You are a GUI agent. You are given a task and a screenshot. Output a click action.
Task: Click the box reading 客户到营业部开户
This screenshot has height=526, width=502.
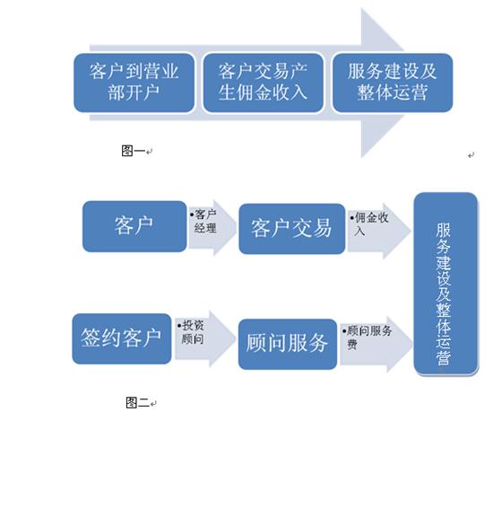pyautogui.click(x=134, y=83)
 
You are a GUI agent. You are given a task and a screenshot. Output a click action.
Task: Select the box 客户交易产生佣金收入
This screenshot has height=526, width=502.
pyautogui.click(x=263, y=83)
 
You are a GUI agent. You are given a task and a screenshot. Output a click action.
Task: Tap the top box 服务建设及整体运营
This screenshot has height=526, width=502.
pyautogui.click(x=393, y=83)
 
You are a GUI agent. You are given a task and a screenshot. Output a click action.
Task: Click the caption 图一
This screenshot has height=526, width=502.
pyautogui.click(x=133, y=151)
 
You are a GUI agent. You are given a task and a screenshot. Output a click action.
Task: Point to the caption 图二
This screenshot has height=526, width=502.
pyautogui.click(x=137, y=402)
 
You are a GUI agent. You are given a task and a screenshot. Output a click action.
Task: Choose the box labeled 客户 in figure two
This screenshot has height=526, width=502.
pyautogui.click(x=134, y=226)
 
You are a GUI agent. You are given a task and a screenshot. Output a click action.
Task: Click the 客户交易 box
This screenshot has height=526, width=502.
pyautogui.click(x=292, y=229)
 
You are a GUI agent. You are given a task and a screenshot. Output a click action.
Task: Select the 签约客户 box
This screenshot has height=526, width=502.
pyautogui.click(x=122, y=338)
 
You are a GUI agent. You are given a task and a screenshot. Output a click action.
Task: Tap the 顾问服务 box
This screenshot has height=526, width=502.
pyautogui.click(x=288, y=344)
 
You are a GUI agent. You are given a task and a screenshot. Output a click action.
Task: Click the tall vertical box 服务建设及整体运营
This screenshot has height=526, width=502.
pyautogui.click(x=446, y=284)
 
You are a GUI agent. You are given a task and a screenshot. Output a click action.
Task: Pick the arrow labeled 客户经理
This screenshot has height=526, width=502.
pyautogui.click(x=212, y=228)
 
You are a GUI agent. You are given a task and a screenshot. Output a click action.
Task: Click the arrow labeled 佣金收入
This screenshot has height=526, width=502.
pyautogui.click(x=379, y=231)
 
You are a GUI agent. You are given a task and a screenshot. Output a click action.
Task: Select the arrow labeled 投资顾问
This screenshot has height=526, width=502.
pyautogui.click(x=205, y=338)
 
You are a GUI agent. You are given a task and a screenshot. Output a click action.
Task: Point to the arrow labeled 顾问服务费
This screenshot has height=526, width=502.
pyautogui.click(x=376, y=345)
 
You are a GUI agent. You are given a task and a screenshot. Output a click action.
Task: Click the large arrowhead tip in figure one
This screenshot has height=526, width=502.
pyautogui.click(x=403, y=83)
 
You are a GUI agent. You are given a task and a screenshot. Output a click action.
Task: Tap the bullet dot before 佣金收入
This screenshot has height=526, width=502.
pyautogui.click(x=352, y=218)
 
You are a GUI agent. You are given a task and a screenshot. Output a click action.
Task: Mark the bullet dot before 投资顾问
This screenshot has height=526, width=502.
pyautogui.click(x=179, y=326)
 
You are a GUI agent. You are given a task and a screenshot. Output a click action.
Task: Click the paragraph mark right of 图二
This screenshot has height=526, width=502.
pyautogui.click(x=153, y=404)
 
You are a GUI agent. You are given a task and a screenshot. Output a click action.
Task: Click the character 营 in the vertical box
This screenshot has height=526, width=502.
pyautogui.click(x=444, y=357)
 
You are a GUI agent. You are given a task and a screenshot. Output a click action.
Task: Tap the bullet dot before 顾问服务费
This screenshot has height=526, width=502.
pyautogui.click(x=344, y=331)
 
